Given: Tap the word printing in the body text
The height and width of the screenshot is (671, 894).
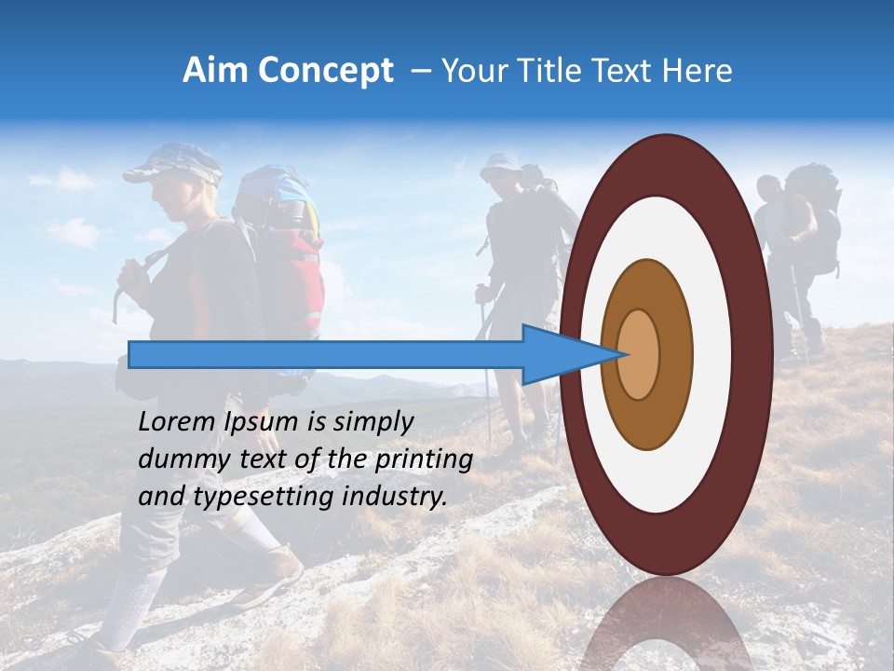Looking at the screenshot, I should click(x=424, y=459).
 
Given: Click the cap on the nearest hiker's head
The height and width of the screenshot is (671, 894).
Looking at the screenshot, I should click(x=173, y=164).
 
